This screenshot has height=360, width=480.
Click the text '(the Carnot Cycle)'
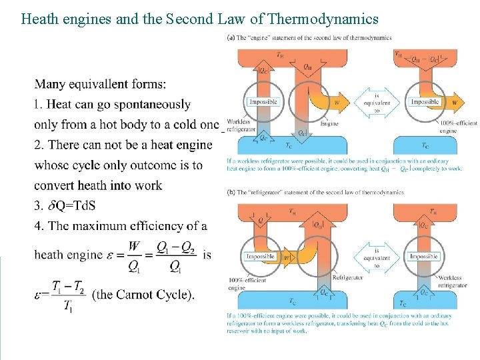(x=143, y=294)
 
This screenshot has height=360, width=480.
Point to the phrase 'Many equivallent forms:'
(x=100, y=85)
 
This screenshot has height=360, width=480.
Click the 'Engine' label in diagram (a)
(x=329, y=123)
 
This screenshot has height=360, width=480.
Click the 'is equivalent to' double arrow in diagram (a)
(x=377, y=103)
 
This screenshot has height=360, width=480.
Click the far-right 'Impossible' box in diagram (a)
(x=425, y=102)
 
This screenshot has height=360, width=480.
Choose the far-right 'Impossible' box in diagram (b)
(x=424, y=256)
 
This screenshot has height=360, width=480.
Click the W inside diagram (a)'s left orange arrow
(x=336, y=103)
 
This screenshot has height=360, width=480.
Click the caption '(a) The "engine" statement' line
(x=310, y=37)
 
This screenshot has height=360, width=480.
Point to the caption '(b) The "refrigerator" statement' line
(x=315, y=192)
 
